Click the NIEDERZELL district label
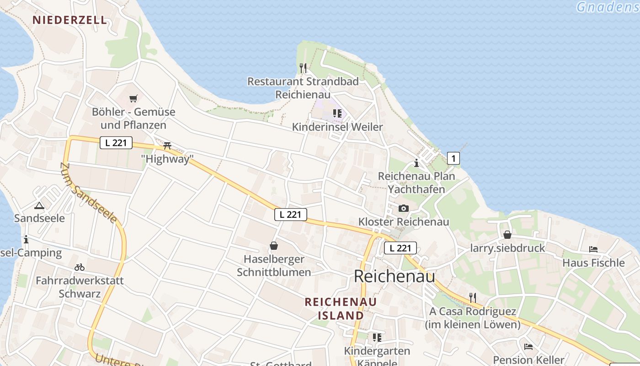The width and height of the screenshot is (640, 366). click(x=70, y=20)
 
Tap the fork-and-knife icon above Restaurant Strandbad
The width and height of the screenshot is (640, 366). click(x=303, y=68)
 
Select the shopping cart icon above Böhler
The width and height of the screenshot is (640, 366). click(x=133, y=98)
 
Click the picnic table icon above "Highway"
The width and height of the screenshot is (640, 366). click(x=167, y=145)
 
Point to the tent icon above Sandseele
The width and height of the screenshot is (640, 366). click(x=39, y=206)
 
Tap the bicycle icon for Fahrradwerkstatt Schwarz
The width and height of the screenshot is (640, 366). click(x=80, y=267)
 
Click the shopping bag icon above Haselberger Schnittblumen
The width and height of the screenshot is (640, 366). click(x=273, y=246)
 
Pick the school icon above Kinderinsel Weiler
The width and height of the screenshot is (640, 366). click(x=337, y=113)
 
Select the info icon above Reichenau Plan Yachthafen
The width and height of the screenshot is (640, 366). click(x=416, y=163)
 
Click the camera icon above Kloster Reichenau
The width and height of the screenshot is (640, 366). click(x=403, y=209)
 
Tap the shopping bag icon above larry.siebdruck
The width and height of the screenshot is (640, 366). click(x=507, y=235)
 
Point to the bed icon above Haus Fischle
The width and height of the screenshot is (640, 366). click(x=593, y=249)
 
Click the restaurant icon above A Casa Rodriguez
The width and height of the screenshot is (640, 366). click(x=473, y=298)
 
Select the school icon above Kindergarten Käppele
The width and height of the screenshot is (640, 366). click(x=377, y=338)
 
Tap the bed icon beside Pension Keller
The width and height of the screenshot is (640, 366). click(x=528, y=346)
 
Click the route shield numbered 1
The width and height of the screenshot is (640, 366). click(x=453, y=158)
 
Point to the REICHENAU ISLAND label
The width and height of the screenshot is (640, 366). click(x=341, y=308)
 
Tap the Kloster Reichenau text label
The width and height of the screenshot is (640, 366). click(x=404, y=222)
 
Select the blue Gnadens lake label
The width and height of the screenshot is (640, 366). click(x=607, y=7)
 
